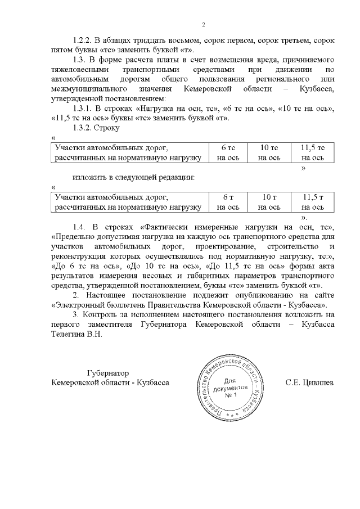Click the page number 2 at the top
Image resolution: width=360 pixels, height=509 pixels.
point(204,24)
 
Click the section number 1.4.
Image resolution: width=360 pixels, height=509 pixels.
point(79,227)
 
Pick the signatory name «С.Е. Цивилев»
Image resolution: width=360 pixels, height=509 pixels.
point(309,383)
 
